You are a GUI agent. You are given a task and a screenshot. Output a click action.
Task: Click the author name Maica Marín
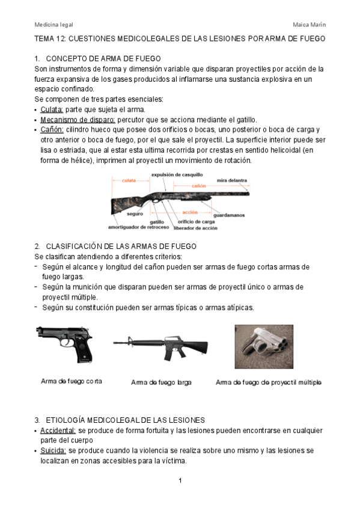pyautogui.click(x=310, y=25)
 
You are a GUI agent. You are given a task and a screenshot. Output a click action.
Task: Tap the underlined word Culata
pyautogui.click(x=51, y=109)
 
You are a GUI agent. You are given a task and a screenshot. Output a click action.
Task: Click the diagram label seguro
pyautogui.click(x=135, y=214)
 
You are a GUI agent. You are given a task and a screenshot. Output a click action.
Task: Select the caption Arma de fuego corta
pyautogui.click(x=71, y=381)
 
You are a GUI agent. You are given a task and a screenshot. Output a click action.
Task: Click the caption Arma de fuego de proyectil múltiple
pyautogui.click(x=269, y=382)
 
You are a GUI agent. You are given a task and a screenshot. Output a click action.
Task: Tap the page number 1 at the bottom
pyautogui.click(x=180, y=481)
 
